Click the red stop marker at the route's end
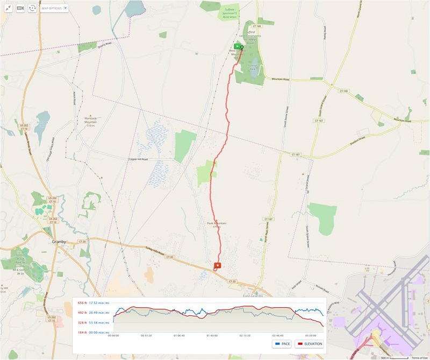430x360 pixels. coord(217,265)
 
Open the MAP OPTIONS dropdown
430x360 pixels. coord(54,9)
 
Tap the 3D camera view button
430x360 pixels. coord(20,9)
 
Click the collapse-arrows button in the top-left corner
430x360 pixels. coord(8,9)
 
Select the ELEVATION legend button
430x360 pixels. coord(310,343)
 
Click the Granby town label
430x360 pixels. coord(58,242)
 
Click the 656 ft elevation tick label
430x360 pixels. coord(82,302)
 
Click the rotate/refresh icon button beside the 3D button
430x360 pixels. coord(32,9)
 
